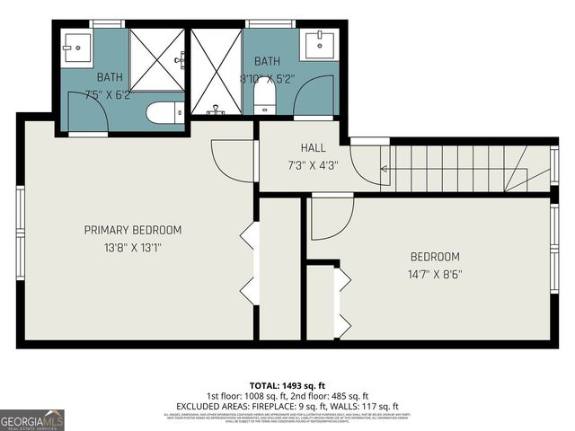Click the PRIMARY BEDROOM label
pos(132,230)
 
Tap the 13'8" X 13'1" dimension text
pos(132,247)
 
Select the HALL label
pos(313,147)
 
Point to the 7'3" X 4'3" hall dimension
pos(313,164)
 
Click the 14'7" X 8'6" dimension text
pos(436,274)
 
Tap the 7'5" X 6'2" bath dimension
pos(108,94)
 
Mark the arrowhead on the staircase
pos(385,168)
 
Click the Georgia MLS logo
pos(32,419)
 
